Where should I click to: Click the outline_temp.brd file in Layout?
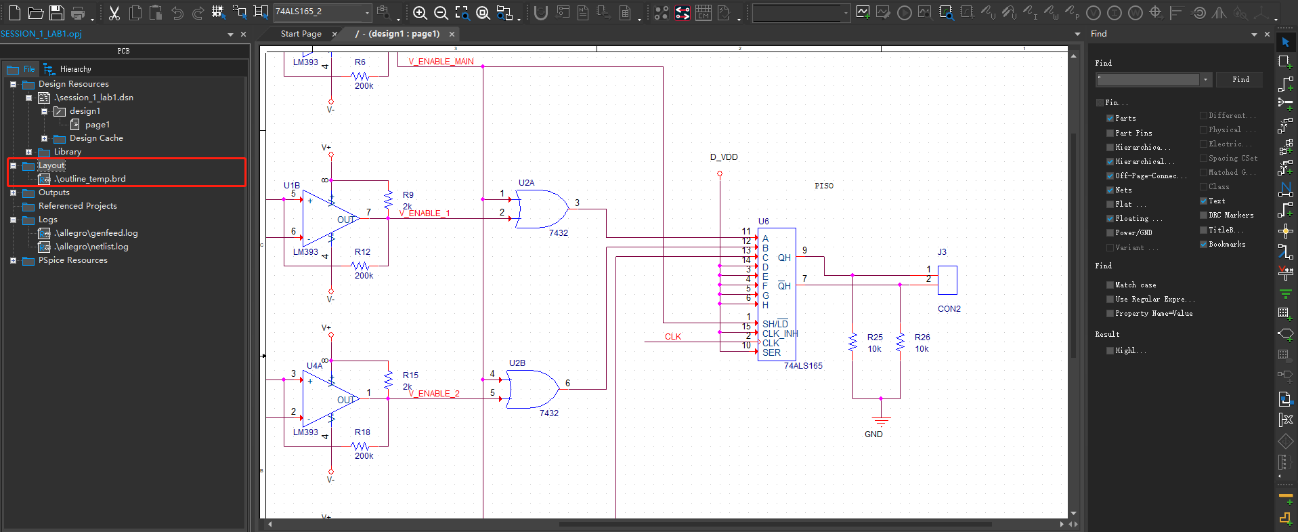pyautogui.click(x=90, y=179)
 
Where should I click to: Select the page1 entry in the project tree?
pyautogui.click(x=97, y=125)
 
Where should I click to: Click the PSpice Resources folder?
pyautogui.click(x=72, y=260)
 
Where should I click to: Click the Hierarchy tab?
pyautogui.click(x=74, y=69)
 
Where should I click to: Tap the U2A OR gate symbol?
pyautogui.click(x=542, y=209)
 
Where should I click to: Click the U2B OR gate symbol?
pyautogui.click(x=533, y=389)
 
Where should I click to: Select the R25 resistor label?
pyautogui.click(x=875, y=337)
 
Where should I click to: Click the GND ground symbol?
pyautogui.click(x=880, y=420)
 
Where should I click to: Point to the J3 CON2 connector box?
pyautogui.click(x=947, y=280)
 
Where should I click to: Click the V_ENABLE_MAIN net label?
pyautogui.click(x=441, y=62)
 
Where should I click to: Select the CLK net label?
pyautogui.click(x=672, y=337)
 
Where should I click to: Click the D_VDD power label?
pyautogui.click(x=724, y=157)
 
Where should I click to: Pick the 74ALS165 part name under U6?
pyautogui.click(x=803, y=366)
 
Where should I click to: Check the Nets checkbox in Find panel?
pyautogui.click(x=1110, y=190)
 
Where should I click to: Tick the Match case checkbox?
pyautogui.click(x=1110, y=285)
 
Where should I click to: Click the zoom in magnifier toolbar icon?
pyautogui.click(x=420, y=13)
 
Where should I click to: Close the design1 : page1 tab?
pyautogui.click(x=452, y=34)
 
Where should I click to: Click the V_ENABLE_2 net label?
pyautogui.click(x=434, y=394)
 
